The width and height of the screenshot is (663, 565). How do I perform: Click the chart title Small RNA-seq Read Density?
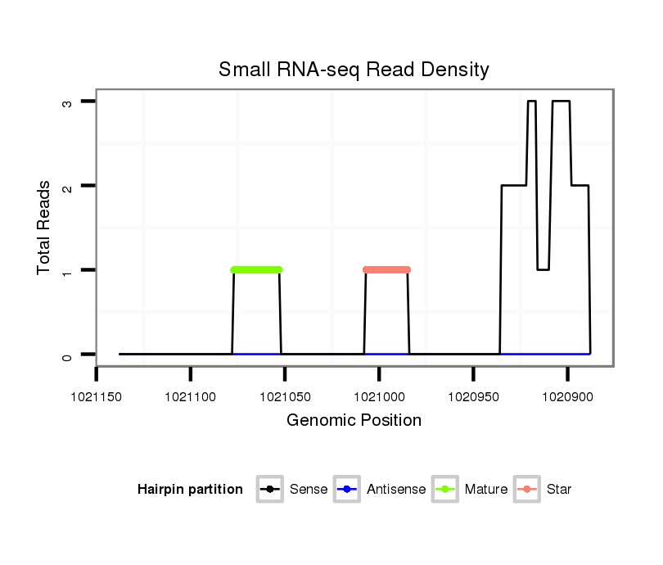tap(354, 70)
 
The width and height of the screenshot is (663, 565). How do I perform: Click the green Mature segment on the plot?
tap(256, 269)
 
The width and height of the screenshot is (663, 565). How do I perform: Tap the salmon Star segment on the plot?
tap(386, 269)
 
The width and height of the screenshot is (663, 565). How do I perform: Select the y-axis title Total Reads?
tap(44, 228)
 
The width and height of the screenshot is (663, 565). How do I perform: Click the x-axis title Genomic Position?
tap(354, 421)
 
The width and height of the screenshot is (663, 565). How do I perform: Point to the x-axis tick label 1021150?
tap(97, 396)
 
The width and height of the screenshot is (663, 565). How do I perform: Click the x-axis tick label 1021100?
tap(191, 396)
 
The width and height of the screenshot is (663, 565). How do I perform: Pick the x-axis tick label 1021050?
tap(285, 396)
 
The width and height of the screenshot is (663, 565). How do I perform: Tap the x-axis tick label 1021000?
tap(379, 396)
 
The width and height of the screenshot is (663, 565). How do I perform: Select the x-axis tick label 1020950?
tap(473, 396)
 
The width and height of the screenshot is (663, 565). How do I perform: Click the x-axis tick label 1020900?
tap(567, 396)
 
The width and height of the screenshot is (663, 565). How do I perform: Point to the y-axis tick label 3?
tap(68, 102)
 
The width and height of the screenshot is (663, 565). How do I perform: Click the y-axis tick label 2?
tap(68, 186)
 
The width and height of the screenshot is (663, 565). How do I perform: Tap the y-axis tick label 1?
tap(68, 270)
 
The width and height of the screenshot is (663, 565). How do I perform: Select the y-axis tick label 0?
tap(68, 355)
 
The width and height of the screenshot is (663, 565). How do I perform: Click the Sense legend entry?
tap(292, 490)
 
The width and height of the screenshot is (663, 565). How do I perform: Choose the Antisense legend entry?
tap(381, 490)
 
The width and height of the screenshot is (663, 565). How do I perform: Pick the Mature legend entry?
tap(470, 490)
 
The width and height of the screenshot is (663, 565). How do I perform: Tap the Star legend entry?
tap(543, 490)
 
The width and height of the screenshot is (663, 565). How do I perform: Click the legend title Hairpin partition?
tap(190, 490)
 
